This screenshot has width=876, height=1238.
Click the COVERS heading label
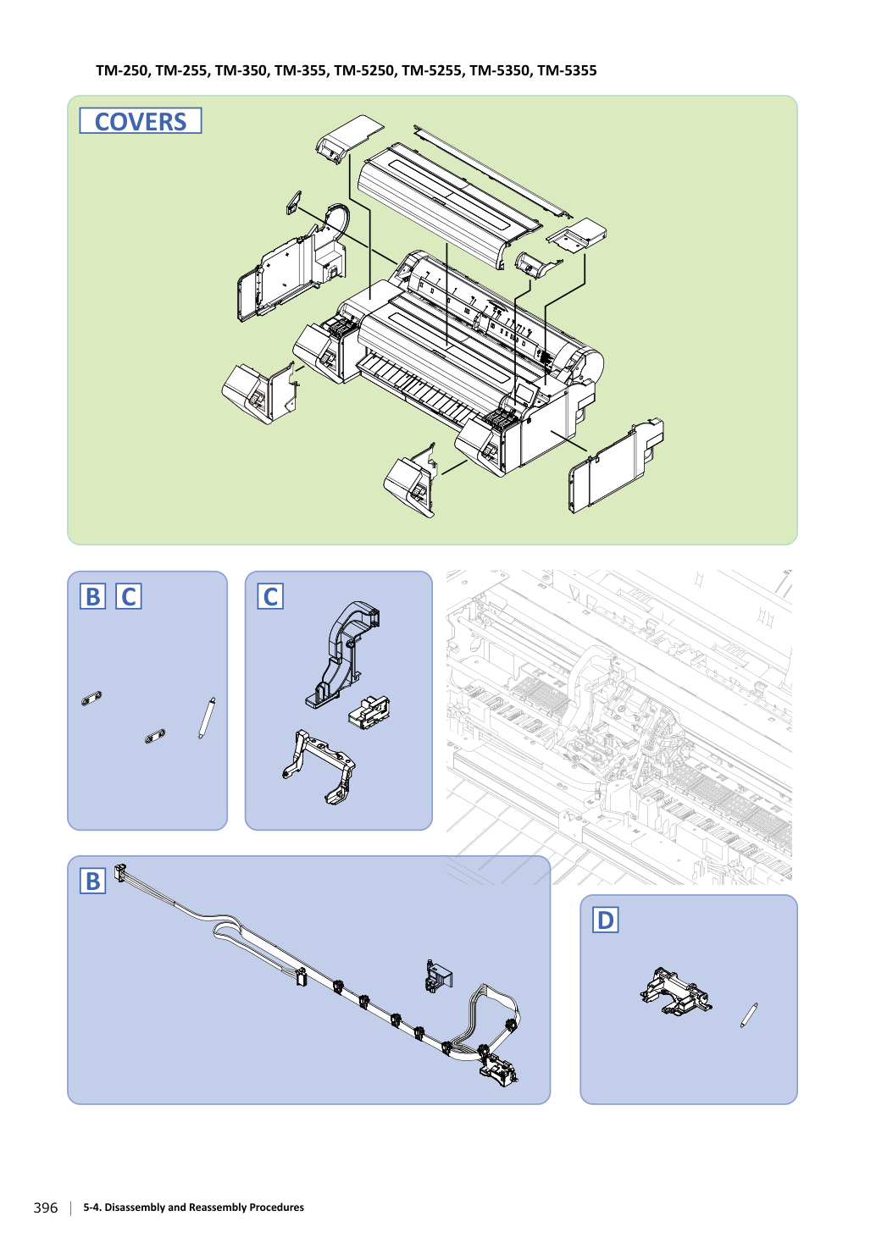(x=141, y=121)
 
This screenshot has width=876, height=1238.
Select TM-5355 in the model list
(x=567, y=71)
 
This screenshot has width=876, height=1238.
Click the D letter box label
(x=605, y=920)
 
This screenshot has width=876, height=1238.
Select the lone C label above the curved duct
(x=270, y=596)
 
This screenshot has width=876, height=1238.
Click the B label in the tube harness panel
(x=92, y=881)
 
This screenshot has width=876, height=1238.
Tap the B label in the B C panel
(x=92, y=596)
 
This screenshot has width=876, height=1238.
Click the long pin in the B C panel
(x=207, y=718)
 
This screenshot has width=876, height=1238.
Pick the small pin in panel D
(x=749, y=1014)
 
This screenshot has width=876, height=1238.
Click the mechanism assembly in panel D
(x=676, y=992)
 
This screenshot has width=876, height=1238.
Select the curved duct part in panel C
(x=341, y=655)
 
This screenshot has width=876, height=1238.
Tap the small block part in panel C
(x=369, y=713)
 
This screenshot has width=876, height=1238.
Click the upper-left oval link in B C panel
(x=91, y=699)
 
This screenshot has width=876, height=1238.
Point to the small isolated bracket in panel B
(x=439, y=976)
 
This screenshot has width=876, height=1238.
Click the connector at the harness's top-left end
(x=119, y=873)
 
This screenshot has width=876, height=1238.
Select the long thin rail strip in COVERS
(x=493, y=171)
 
